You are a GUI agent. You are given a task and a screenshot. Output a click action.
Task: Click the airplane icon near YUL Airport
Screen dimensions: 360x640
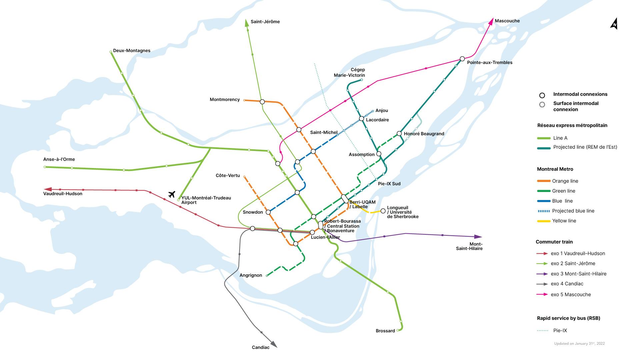[x=172, y=194]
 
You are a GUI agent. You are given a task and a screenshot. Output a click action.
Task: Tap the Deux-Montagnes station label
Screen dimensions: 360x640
[x=132, y=51]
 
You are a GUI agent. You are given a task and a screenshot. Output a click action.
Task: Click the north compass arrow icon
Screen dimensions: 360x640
[x=614, y=24]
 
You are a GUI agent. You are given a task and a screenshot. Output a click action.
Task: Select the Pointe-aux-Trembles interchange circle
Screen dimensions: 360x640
[x=462, y=59]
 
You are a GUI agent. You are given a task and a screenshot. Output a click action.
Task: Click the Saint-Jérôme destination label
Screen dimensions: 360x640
[x=265, y=22]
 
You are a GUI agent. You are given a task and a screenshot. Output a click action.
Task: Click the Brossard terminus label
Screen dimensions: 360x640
[x=385, y=331]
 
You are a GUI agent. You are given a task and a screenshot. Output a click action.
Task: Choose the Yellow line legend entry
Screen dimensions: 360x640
[x=564, y=221]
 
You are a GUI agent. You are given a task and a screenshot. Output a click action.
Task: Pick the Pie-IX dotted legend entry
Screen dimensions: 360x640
[x=560, y=331]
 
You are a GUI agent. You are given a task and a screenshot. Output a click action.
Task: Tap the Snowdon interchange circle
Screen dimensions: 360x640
[x=268, y=212]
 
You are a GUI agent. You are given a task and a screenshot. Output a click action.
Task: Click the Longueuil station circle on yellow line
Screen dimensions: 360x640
[x=383, y=211]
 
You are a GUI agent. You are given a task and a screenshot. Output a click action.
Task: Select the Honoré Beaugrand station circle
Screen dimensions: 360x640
[x=399, y=134]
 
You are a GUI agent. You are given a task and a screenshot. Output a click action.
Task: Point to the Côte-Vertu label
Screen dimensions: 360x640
[x=228, y=176]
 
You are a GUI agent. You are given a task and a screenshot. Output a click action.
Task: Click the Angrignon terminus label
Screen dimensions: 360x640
[x=251, y=275]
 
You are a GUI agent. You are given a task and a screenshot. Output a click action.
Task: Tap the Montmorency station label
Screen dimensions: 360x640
[x=225, y=100]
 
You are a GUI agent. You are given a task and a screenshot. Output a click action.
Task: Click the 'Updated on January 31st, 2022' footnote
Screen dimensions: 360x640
[x=579, y=343]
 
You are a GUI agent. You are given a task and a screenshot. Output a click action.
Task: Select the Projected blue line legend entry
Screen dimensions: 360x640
[x=573, y=211]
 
